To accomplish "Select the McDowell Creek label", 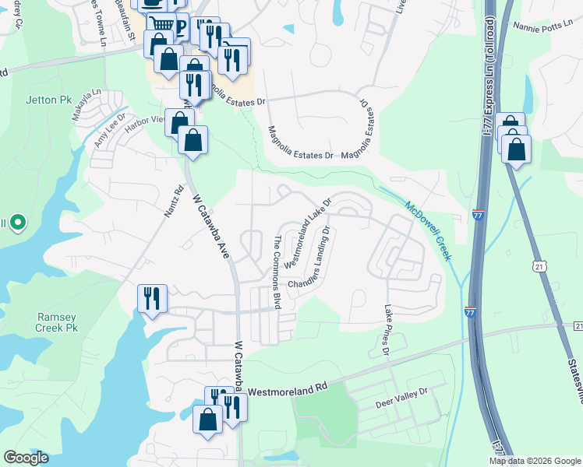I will [429, 230].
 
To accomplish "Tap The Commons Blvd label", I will [276, 271].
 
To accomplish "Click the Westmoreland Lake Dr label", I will [308, 233].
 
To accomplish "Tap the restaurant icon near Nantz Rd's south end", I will [152, 298].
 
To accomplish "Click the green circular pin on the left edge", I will [17, 223].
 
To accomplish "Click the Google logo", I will [26, 458].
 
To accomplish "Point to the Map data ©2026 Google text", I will [535, 461].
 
